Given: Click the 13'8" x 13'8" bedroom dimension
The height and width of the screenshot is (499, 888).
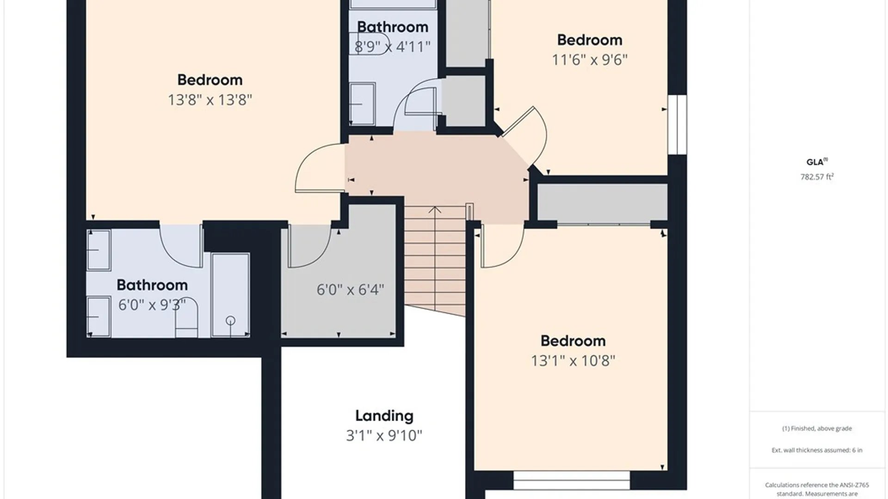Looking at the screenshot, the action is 210,100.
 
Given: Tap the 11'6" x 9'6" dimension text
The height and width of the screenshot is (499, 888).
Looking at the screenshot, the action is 590,60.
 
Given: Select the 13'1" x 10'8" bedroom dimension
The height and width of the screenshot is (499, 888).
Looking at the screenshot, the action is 573,360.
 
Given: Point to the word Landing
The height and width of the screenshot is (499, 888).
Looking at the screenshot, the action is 384,416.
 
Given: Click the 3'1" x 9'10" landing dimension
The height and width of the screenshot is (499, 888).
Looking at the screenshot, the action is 384,435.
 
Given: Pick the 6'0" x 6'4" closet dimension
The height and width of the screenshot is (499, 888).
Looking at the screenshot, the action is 351,290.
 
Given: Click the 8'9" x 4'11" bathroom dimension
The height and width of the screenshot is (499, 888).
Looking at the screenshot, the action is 393,46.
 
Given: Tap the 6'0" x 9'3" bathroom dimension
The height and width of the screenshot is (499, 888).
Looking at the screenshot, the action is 152,305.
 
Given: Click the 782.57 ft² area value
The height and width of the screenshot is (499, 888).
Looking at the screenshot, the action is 817,176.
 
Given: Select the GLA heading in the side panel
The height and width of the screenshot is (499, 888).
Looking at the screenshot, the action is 815,162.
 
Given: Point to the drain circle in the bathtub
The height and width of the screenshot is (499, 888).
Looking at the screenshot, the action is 230,320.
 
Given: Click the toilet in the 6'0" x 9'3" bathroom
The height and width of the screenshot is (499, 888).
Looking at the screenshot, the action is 187,318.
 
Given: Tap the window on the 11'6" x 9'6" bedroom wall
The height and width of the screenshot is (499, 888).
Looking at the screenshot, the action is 677,125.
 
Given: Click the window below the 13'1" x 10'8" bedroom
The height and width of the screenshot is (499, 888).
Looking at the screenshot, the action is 572,481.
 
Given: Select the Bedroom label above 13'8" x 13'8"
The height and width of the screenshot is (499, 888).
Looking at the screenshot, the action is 210,80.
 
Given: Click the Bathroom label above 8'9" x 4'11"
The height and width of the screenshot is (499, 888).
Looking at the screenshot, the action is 393,27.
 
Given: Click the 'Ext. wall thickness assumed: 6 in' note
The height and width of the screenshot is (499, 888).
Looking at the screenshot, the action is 817,450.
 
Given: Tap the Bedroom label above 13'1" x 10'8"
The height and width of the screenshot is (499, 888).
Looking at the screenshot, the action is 573,341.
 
